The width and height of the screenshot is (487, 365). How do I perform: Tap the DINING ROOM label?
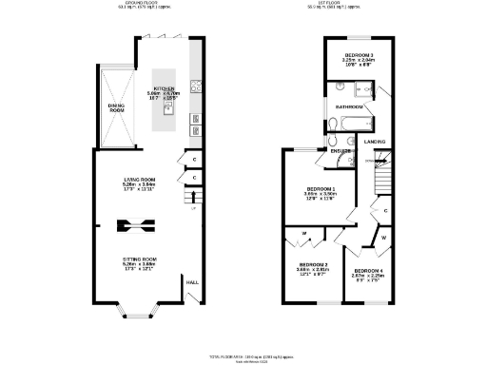click(x=116, y=107)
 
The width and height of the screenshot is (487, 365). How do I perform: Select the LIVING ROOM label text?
click(x=138, y=181)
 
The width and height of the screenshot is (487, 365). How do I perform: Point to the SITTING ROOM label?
click(x=138, y=259)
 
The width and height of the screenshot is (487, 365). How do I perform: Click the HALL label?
click(x=191, y=282)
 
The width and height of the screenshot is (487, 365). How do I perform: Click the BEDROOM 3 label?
click(x=358, y=57)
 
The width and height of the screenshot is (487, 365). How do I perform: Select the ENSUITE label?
click(x=341, y=150)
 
